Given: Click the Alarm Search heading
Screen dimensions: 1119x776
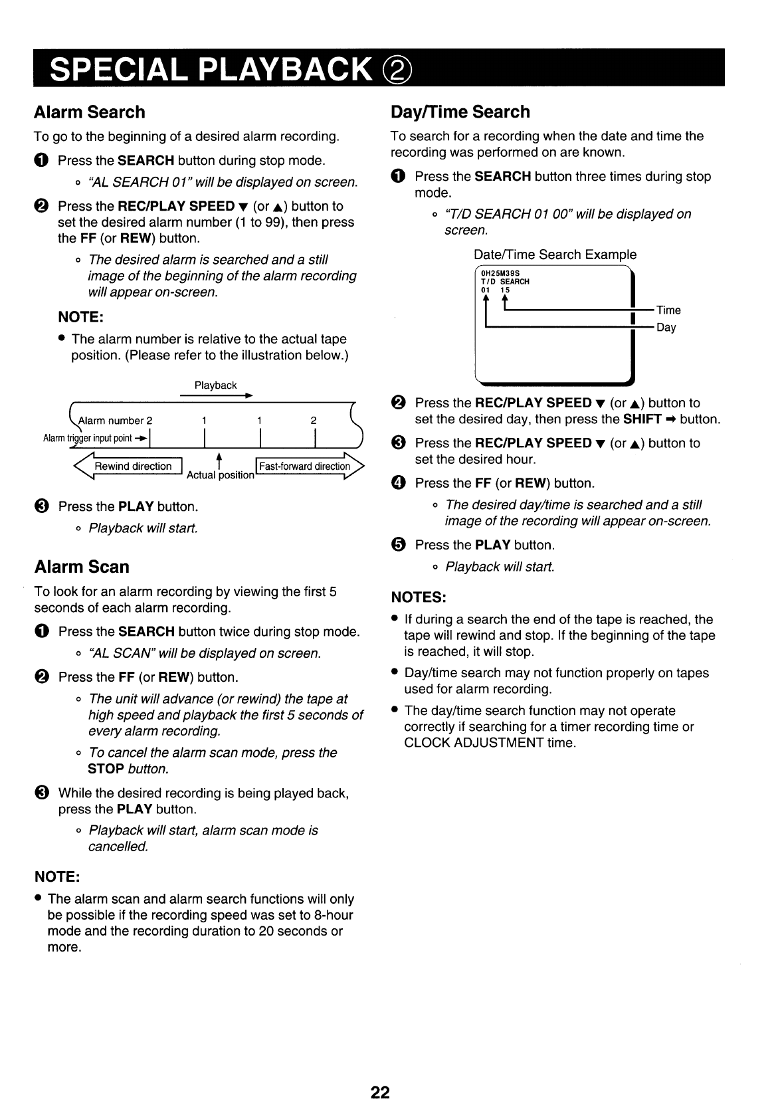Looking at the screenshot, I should click(89, 112).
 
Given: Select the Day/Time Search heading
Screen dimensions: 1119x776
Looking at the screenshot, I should click(460, 112).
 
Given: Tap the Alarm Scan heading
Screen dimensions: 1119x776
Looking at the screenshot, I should click(82, 567).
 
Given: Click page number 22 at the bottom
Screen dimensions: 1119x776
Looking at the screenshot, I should click(380, 1092).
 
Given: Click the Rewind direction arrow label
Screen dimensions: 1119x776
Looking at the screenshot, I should click(133, 466).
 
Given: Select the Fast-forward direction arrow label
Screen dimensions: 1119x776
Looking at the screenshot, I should click(304, 466).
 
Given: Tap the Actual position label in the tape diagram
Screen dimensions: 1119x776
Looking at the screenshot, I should click(221, 476).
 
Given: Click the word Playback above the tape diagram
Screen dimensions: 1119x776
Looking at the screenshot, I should click(215, 385).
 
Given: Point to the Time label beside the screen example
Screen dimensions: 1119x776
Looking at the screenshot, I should click(668, 310).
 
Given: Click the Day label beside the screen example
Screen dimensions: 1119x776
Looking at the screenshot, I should click(666, 328).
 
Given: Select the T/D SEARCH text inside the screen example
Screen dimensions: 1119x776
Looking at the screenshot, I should click(505, 282).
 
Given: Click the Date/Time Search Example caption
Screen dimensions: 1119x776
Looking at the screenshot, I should click(555, 254).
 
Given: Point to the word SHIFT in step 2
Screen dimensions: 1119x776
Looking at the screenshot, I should click(642, 419).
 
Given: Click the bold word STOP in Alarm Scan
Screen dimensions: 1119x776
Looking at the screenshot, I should click(106, 769).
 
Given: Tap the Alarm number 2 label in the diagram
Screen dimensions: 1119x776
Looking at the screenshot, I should click(116, 421).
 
